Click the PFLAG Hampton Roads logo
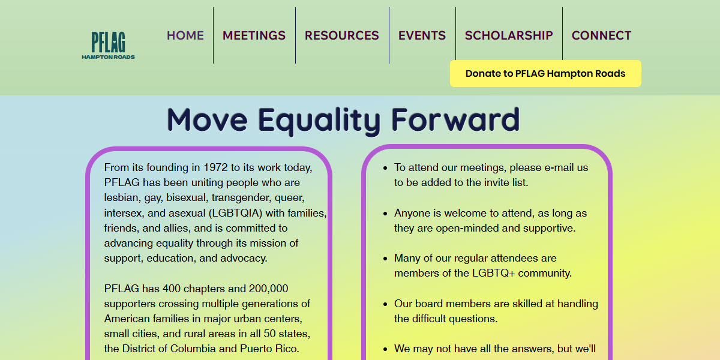[x=109, y=45]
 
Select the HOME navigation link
[x=185, y=35]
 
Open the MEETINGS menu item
[x=254, y=35]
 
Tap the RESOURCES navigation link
[x=342, y=35]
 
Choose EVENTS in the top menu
[x=422, y=35]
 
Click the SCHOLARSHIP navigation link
[x=509, y=35]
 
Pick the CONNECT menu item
[x=601, y=35]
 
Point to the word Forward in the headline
[x=455, y=119]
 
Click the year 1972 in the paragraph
[x=216, y=167]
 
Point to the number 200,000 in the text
[x=265, y=289]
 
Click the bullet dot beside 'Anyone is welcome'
[x=385, y=214]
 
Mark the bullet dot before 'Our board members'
[x=385, y=304]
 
